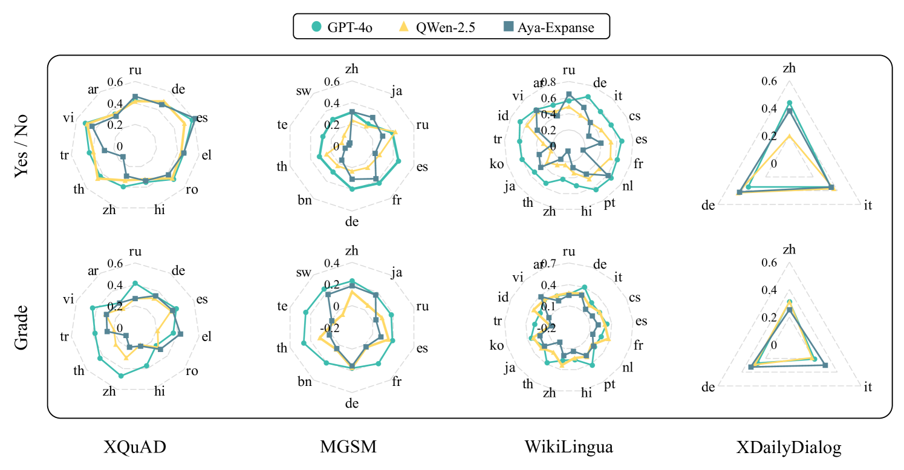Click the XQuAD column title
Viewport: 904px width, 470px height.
(135, 448)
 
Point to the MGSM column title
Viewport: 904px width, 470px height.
(348, 448)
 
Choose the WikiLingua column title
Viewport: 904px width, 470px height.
(569, 448)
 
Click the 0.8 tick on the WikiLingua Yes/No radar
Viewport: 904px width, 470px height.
(548, 82)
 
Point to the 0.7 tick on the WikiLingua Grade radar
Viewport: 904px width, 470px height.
(548, 264)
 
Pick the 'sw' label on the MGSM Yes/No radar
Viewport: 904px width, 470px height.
(304, 91)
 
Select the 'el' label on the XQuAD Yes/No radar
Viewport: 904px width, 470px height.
(207, 155)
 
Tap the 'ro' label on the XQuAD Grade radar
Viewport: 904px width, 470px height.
(192, 371)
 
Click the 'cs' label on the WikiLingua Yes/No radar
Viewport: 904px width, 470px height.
(635, 116)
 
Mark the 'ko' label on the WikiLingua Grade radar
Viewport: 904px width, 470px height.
(496, 345)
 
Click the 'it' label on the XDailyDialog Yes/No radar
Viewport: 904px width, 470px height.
(868, 206)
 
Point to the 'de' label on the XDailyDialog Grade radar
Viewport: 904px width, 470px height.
(708, 387)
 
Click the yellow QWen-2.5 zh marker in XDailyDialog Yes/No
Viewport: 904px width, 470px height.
(789, 137)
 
